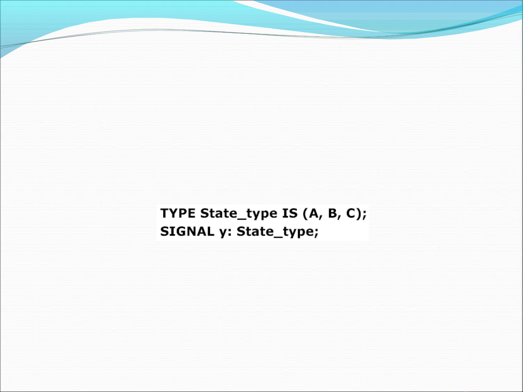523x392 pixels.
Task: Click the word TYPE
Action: coord(178,213)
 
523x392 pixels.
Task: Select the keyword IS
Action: coord(290,213)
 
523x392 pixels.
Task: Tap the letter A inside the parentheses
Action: coord(314,213)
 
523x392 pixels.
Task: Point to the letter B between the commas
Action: coord(332,213)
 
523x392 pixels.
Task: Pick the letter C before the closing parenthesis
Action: coord(351,213)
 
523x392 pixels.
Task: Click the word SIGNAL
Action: coord(187,231)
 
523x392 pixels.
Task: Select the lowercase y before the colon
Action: coord(223,233)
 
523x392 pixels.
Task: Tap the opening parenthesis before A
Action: coord(305,214)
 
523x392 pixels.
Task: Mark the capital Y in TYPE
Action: coord(173,213)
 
